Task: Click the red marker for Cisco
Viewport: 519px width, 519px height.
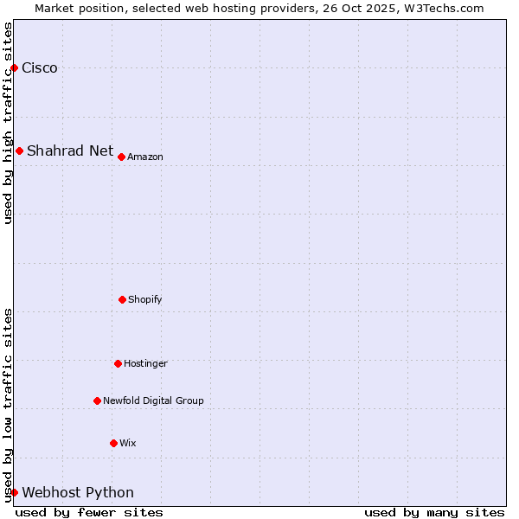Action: [x=14, y=67]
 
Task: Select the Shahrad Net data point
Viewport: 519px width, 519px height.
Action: [x=19, y=151]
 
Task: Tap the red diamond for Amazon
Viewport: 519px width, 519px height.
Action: [x=121, y=157]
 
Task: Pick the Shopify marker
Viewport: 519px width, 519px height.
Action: [x=122, y=299]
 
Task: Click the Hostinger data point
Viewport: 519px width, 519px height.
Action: [x=118, y=363]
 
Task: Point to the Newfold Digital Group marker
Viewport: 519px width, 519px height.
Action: [x=97, y=400]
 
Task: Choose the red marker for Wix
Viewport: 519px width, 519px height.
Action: [x=113, y=443]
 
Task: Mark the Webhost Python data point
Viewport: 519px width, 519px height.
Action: [x=14, y=492]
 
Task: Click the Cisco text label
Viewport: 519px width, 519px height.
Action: [x=40, y=68]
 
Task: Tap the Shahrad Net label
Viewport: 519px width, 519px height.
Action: [x=70, y=151]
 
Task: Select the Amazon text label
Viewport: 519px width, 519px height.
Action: [x=145, y=157]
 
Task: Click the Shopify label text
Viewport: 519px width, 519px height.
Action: [x=145, y=299]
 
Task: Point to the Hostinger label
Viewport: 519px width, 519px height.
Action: [x=145, y=363]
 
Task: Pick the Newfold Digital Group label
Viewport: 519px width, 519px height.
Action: [x=153, y=400]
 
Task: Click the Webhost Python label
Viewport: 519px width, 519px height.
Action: [x=78, y=493]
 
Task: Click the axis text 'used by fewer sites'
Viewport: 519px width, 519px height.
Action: [x=89, y=512]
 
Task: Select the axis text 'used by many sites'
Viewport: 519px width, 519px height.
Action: [x=434, y=512]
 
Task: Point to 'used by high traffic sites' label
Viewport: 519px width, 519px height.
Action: [x=8, y=123]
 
